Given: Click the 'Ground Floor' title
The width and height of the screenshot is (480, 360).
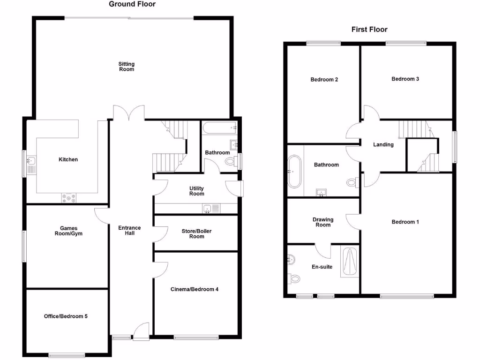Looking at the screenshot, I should click(x=132, y=4).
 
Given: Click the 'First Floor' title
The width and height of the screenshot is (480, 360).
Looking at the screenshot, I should click(x=369, y=30).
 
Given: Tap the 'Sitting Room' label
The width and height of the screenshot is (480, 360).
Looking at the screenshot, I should click(x=126, y=67).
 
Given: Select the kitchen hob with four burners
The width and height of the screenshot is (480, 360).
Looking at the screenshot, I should click(x=68, y=198).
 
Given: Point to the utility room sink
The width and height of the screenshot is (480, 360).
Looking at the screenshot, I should click(x=208, y=209).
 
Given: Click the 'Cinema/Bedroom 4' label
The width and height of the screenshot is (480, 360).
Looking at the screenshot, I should click(x=194, y=289).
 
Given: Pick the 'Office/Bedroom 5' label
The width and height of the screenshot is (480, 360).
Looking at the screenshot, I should click(x=66, y=316).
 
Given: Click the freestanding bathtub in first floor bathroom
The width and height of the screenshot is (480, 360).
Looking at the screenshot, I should click(x=295, y=171).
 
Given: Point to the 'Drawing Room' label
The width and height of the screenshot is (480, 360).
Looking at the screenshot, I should click(x=323, y=222).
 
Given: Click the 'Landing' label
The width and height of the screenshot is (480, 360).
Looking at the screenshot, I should click(x=383, y=145).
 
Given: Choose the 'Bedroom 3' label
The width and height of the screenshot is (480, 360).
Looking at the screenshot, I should click(x=405, y=79).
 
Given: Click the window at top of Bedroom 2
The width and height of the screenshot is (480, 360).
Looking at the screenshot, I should click(x=323, y=44).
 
